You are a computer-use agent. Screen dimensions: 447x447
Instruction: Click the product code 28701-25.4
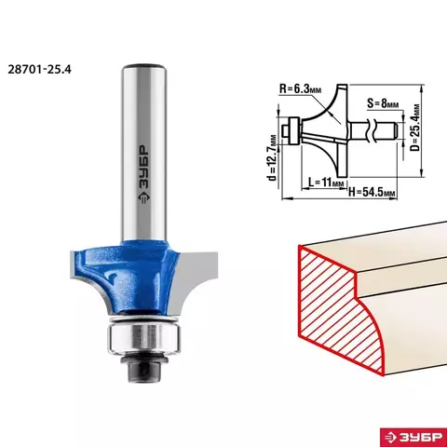coord(39,69)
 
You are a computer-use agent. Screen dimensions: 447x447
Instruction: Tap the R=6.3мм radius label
coord(300,88)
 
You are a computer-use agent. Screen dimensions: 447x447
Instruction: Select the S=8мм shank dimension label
coord(383,103)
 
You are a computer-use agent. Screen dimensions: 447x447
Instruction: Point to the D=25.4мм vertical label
coord(415,128)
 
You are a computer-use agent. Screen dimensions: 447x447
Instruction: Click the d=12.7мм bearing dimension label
coord(272,157)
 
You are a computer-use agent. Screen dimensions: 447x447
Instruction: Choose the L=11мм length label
coord(326,183)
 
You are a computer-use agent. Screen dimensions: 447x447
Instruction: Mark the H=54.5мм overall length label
coord(372,193)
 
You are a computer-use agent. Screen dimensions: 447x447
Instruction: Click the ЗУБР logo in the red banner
coord(413,437)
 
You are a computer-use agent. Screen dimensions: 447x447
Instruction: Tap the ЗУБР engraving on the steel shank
coord(142,174)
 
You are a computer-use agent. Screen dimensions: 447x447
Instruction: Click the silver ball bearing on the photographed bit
coord(143,338)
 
